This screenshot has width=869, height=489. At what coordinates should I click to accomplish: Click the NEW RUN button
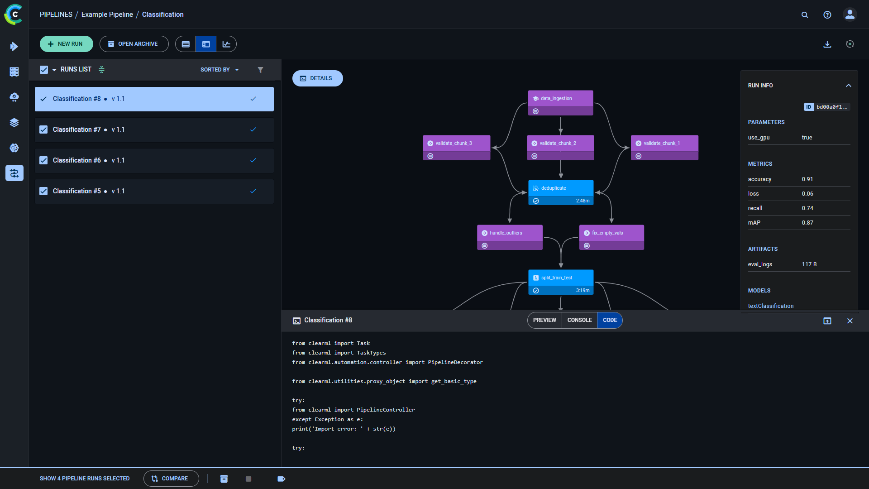[66, 44]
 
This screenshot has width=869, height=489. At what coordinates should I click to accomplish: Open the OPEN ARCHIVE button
[134, 44]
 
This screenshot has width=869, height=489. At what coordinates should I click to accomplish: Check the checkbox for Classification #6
[43, 160]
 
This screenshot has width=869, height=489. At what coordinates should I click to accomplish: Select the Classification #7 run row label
[77, 129]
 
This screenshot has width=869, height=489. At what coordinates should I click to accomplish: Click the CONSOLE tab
[579, 320]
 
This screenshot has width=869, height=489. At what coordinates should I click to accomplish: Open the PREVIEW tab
[544, 320]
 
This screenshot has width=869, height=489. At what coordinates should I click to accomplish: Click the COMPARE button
[171, 479]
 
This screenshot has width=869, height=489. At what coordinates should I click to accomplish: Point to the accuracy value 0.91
[807, 179]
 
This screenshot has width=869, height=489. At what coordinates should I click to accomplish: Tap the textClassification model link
[770, 306]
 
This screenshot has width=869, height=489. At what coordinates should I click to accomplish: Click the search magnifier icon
[805, 15]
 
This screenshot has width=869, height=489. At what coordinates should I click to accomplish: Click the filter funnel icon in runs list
[260, 70]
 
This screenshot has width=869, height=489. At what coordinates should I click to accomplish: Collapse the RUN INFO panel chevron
[849, 86]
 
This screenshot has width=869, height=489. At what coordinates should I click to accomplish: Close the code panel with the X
[850, 321]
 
